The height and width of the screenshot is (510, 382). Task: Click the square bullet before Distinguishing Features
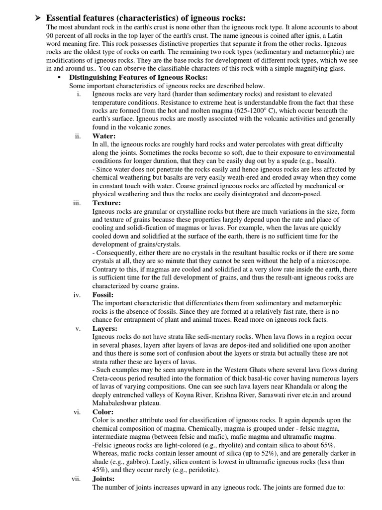pyautogui.click(x=59, y=78)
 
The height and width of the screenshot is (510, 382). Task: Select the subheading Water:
pyautogui.click(x=104, y=136)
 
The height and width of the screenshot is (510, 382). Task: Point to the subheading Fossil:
pyautogui.click(x=103, y=295)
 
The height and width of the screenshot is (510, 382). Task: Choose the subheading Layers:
pyautogui.click(x=105, y=329)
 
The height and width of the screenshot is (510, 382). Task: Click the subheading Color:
pyautogui.click(x=103, y=412)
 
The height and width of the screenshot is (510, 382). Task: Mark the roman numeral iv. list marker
pyautogui.click(x=77, y=295)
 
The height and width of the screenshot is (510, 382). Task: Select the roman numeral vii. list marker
pyautogui.click(x=77, y=479)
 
